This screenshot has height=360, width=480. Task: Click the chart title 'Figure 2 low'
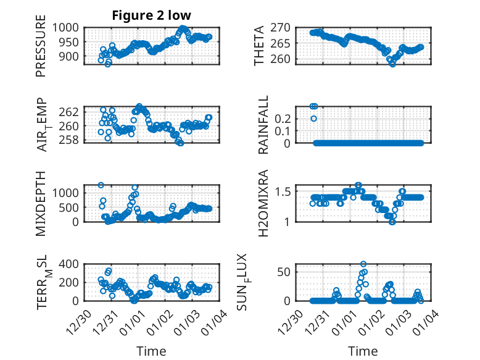pyautogui.click(x=152, y=15)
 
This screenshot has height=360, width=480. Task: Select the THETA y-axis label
pyautogui.click(x=259, y=46)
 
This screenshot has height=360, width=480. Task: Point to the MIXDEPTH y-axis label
pyautogui.click(x=41, y=203)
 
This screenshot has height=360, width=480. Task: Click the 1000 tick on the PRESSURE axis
pyautogui.click(x=66, y=27)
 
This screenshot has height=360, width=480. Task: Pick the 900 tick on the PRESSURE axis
pyautogui.click(x=69, y=56)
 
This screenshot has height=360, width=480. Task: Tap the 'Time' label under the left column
pyautogui.click(x=152, y=351)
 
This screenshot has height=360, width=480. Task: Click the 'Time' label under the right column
pyautogui.click(x=363, y=351)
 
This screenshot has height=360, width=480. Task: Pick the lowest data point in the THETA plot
pyautogui.click(x=392, y=64)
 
